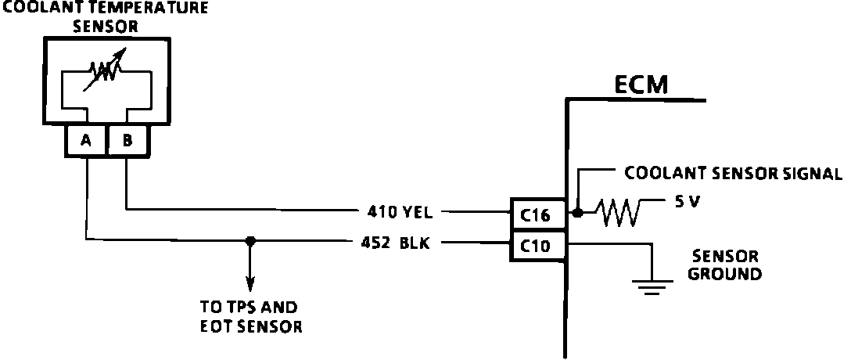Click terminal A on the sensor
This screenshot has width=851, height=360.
pos(86,141)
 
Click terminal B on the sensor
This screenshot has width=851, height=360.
pos(125,141)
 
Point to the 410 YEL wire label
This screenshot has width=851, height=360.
pos(404,211)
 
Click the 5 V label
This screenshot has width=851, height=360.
pos(684,201)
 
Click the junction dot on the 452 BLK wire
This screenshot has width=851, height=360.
pos(250,241)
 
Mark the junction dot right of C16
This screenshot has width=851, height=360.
pos(577,212)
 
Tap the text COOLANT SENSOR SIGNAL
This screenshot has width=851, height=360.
pos(732,174)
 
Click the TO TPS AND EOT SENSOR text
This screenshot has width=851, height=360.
pos(250,317)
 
